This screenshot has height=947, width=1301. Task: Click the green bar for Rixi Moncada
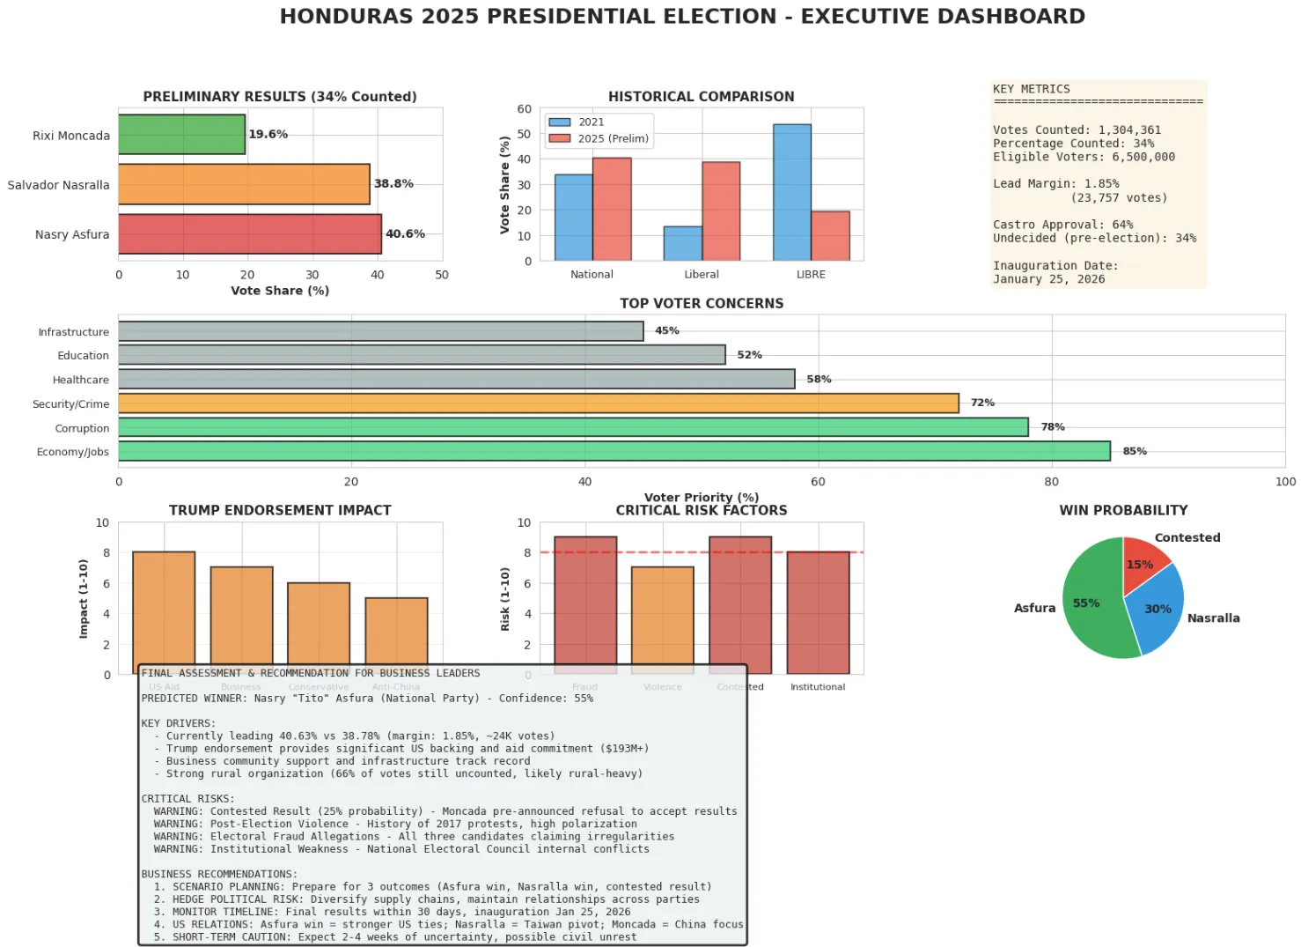coord(181,135)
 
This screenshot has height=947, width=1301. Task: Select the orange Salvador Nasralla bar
coord(244,184)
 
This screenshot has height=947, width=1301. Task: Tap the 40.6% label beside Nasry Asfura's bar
coord(405,233)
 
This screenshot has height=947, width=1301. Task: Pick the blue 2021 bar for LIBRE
coord(791,193)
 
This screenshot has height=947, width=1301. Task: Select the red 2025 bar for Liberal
coord(721,211)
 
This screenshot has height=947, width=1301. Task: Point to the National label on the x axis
coord(592,275)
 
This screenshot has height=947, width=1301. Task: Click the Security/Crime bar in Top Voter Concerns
coord(538,403)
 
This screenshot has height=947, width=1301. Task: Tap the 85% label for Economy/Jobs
coord(1134,451)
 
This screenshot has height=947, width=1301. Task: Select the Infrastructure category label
coord(74,332)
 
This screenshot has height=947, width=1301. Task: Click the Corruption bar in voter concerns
coord(572,427)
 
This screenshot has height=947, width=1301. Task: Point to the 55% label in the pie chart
coord(1085,603)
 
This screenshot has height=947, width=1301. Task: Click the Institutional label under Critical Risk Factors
coord(817,687)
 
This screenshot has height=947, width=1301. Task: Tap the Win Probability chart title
coord(1123,510)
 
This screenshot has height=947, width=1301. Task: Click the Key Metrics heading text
coord(1031,89)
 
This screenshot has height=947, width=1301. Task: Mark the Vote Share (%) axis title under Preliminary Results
coord(280,291)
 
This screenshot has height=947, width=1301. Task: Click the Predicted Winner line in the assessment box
coord(367,699)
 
